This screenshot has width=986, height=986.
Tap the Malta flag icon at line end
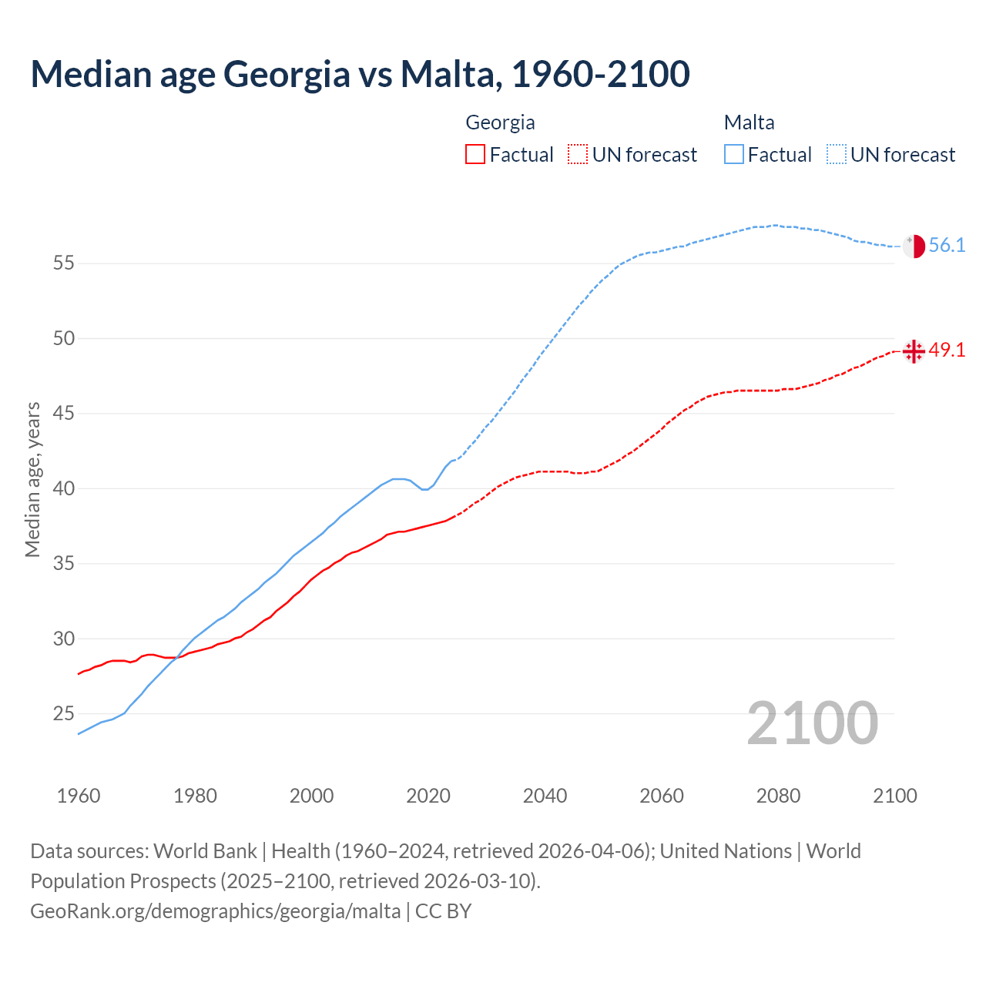click(914, 246)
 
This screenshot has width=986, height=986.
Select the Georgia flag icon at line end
click(914, 351)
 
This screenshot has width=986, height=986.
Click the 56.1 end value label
click(947, 246)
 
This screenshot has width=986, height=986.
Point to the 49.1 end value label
click(947, 350)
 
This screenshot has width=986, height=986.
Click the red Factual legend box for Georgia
click(475, 155)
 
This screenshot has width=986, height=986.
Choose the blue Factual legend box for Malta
click(734, 155)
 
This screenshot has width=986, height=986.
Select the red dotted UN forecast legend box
click(578, 155)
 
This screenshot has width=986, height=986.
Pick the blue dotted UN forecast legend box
click(837, 155)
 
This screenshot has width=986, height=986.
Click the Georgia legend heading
click(500, 122)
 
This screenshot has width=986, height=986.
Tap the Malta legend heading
click(749, 122)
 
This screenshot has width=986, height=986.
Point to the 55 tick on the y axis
click(63, 263)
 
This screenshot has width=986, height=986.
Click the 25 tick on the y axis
click(63, 714)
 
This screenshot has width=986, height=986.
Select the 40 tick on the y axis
click(63, 489)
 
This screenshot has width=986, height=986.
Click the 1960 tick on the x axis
click(79, 796)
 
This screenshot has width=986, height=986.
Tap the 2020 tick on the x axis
click(428, 796)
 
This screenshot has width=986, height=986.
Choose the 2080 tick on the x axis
click(778, 796)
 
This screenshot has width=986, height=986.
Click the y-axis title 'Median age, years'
click(32, 479)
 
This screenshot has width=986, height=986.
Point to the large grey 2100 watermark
click(812, 723)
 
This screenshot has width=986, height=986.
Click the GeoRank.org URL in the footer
click(215, 911)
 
